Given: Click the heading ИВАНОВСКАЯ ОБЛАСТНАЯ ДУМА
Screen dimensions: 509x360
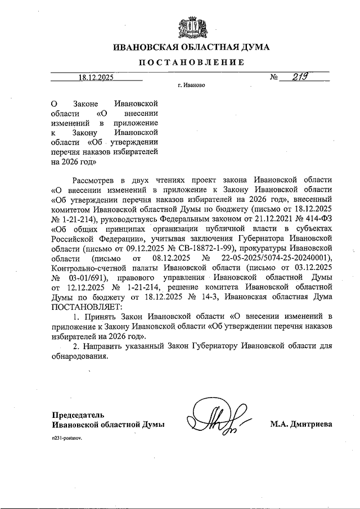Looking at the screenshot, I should [191, 47].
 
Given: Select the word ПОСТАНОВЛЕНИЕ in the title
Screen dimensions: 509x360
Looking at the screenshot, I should [191, 62].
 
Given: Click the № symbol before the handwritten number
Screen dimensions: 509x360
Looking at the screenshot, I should [275, 78].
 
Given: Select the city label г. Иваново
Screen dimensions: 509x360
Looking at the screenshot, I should [191, 86].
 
